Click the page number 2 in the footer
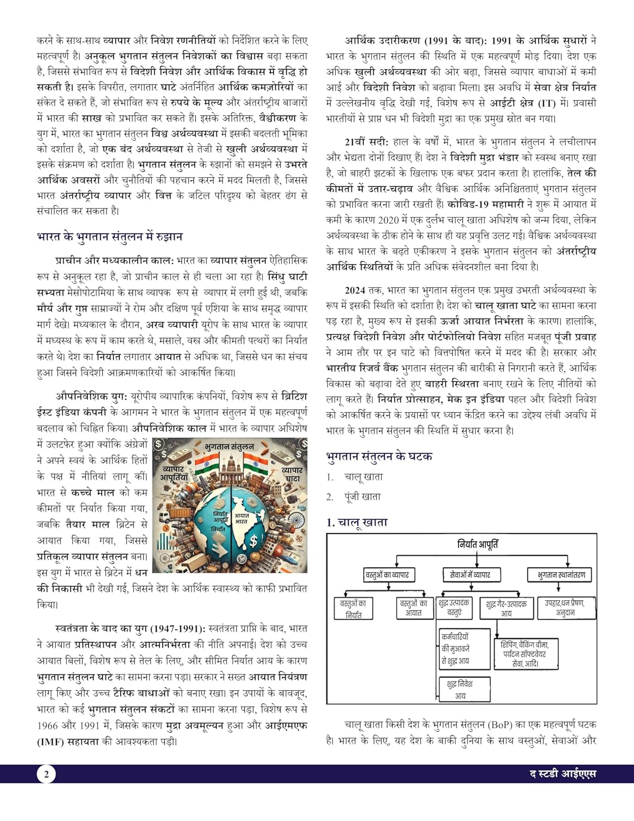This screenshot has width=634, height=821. [46, 774]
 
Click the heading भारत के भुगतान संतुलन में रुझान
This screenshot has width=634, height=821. [109, 237]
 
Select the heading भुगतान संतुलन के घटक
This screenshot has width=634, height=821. [379, 456]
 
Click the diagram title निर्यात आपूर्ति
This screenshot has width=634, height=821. [478, 544]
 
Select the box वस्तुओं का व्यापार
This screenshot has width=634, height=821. [387, 575]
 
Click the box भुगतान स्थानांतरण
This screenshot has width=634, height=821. [561, 575]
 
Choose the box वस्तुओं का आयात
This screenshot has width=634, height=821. [414, 608]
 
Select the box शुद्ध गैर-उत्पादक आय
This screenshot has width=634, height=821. [506, 609]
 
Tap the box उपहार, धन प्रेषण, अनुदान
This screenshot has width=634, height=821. [565, 608]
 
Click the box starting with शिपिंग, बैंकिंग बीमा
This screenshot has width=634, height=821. [526, 654]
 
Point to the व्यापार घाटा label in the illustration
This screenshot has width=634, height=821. [292, 474]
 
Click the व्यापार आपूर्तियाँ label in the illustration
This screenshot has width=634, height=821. [173, 473]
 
